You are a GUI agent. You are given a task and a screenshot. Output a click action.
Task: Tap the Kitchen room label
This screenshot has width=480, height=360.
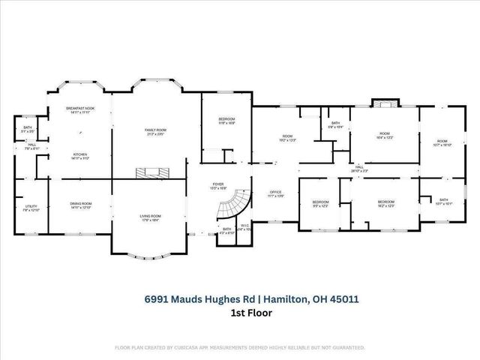coord(80,155)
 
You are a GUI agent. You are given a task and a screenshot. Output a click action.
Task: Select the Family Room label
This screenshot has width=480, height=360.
coord(155,130)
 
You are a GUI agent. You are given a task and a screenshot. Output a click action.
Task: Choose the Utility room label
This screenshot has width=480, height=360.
coord(31,206)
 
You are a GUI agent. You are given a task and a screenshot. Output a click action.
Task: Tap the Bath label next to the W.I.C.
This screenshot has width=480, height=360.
coord(226,229)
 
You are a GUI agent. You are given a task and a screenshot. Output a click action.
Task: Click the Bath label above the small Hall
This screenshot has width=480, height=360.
coord(27,127)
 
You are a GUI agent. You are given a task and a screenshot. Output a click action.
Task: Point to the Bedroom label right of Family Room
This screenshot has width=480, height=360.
coord(226,120)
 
